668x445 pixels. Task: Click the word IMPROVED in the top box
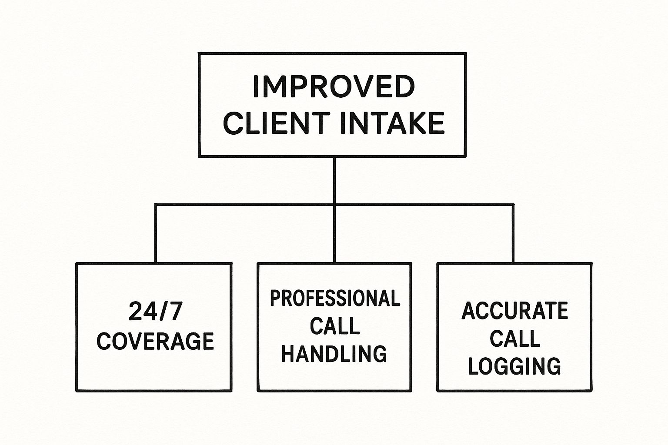(334, 86)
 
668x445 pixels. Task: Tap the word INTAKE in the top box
(392, 123)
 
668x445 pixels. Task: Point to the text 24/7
(155, 311)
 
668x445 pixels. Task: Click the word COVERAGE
(155, 341)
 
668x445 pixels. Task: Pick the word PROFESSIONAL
(334, 298)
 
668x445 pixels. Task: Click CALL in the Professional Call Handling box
(334, 325)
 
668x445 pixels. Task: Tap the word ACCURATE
(515, 311)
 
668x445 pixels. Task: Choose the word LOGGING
(515, 366)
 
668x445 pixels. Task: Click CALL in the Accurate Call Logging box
(515, 338)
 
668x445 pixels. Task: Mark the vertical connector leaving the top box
(334, 181)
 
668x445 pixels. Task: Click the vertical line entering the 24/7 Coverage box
(155, 233)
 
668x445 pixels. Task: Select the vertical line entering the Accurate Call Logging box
(513, 233)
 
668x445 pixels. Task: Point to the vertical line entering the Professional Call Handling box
(334, 233)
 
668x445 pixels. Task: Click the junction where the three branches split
(334, 205)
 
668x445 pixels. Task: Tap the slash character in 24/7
(163, 311)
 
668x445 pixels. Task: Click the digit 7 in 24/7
(175, 311)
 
